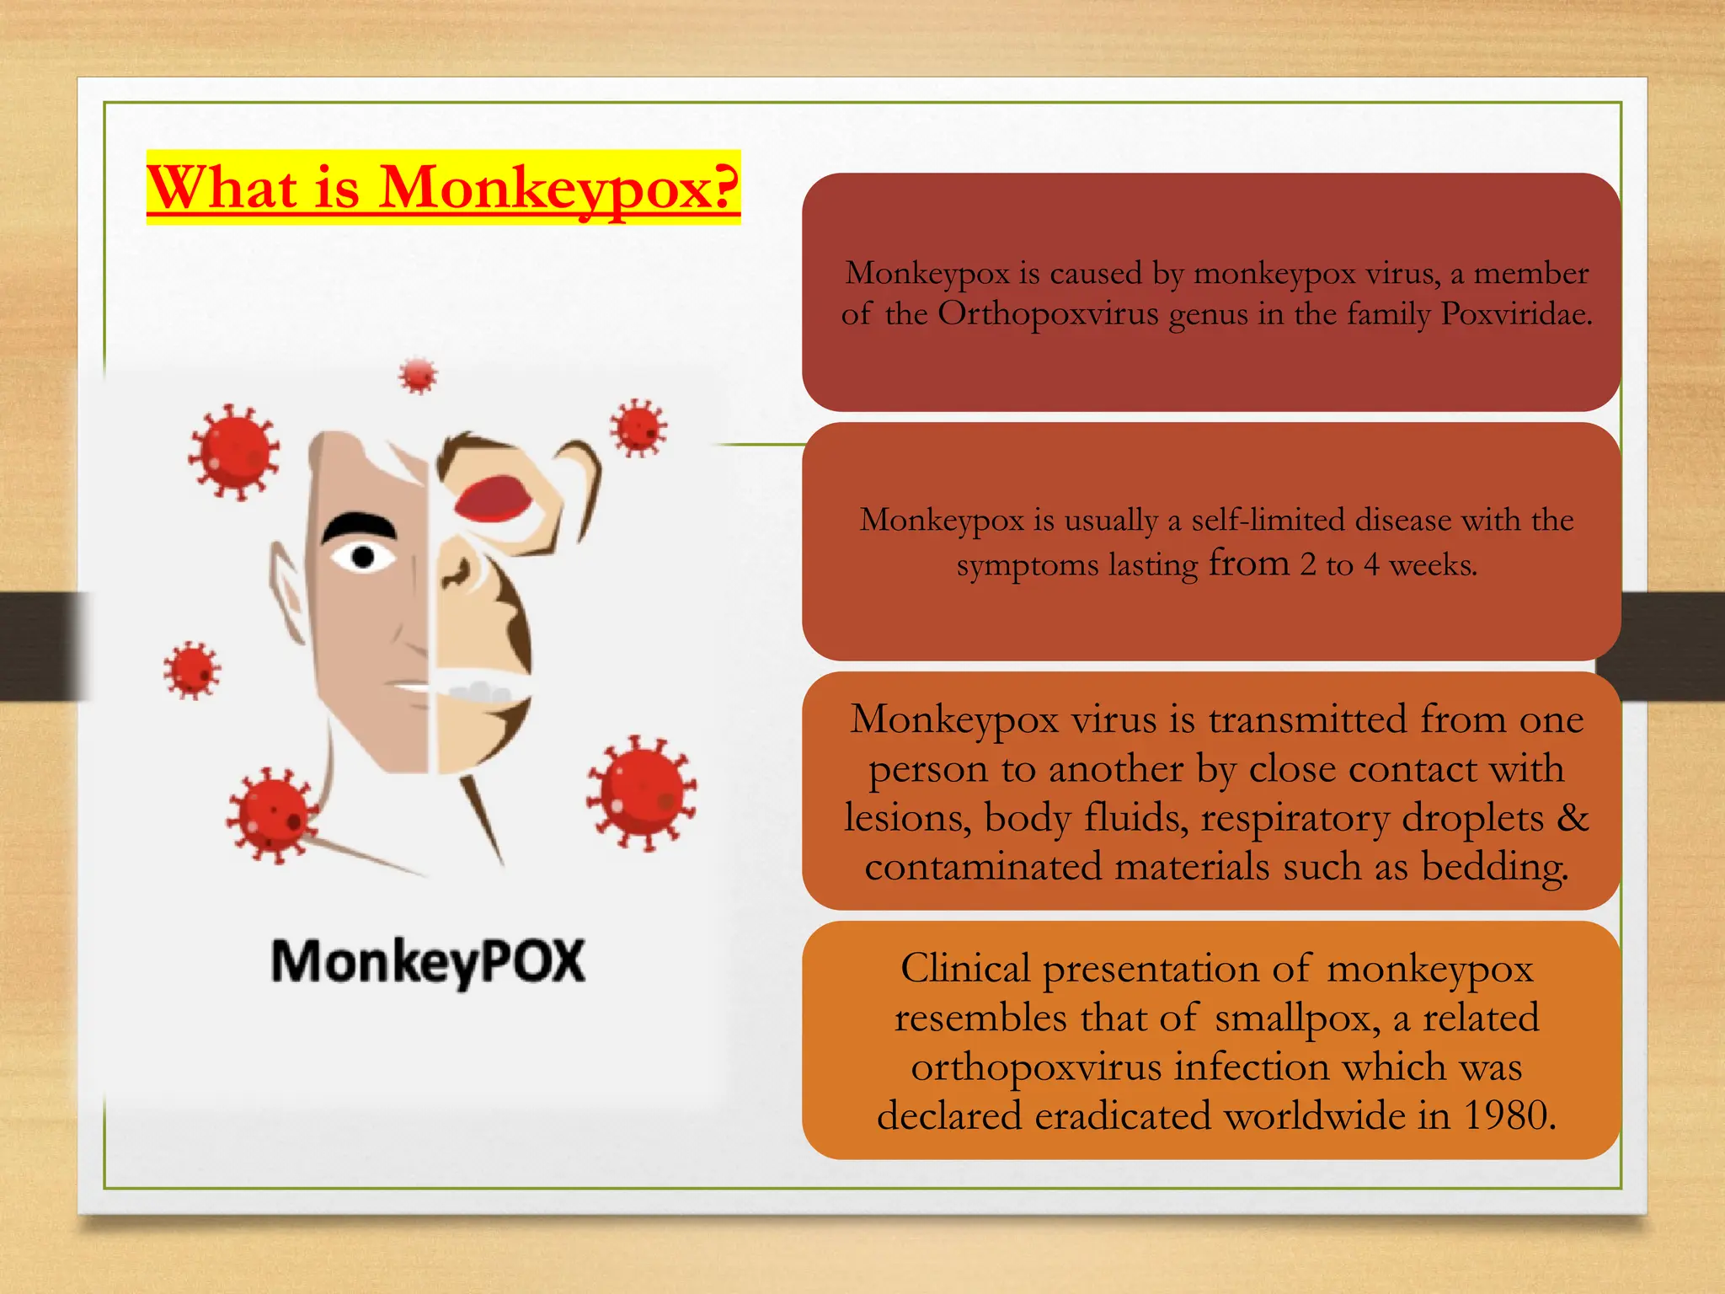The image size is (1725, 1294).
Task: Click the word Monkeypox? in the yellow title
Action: point(558,187)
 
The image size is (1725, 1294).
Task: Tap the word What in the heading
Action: point(222,187)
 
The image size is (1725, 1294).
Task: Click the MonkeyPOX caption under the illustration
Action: point(428,962)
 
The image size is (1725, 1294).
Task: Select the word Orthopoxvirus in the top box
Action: point(1048,313)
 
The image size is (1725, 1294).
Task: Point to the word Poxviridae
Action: point(1516,313)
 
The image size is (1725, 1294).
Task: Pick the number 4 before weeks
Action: point(1371,564)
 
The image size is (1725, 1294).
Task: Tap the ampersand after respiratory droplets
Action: point(1572,817)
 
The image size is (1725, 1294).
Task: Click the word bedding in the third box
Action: point(1494,866)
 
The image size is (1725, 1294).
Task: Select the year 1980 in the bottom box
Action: point(1508,1115)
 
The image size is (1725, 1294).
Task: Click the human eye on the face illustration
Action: point(363,557)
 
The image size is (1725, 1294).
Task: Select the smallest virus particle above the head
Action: point(419,375)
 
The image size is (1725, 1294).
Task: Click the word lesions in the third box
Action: point(906,817)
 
